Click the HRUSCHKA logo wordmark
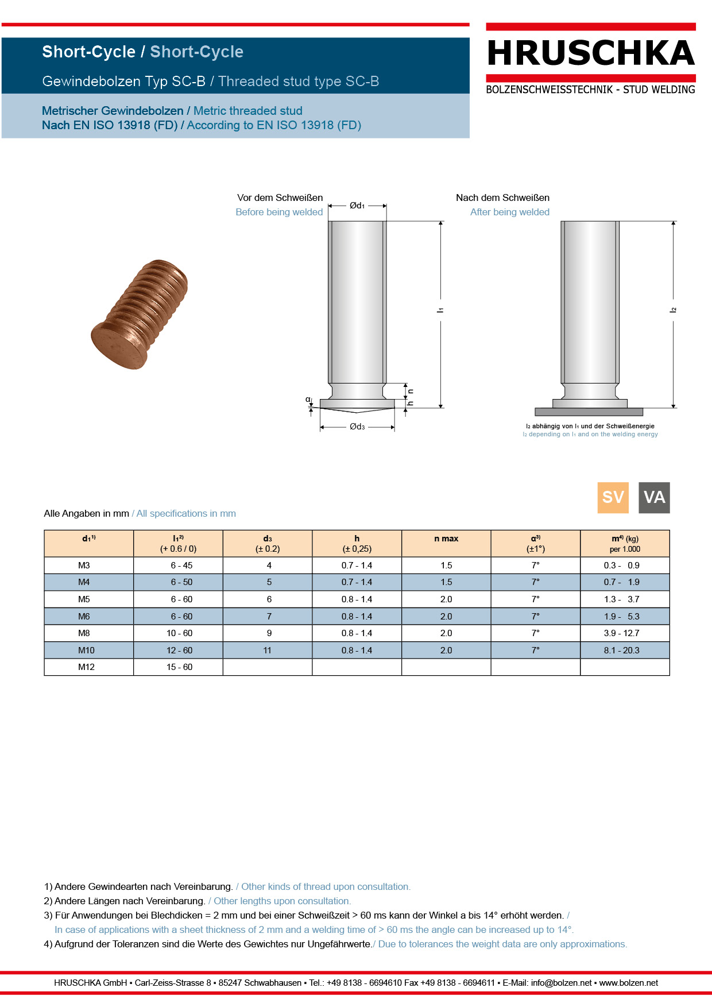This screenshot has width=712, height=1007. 591,53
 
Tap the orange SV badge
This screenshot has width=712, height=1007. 613,497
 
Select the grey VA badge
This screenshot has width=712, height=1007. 654,497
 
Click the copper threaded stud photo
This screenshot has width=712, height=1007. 140,313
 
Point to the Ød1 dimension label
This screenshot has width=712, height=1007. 357,206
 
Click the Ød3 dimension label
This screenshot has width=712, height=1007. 357,427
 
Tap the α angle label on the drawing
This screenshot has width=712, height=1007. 308,400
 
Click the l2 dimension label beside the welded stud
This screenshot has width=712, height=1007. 673,310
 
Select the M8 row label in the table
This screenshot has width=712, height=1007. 84,633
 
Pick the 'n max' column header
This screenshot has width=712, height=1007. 446,539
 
